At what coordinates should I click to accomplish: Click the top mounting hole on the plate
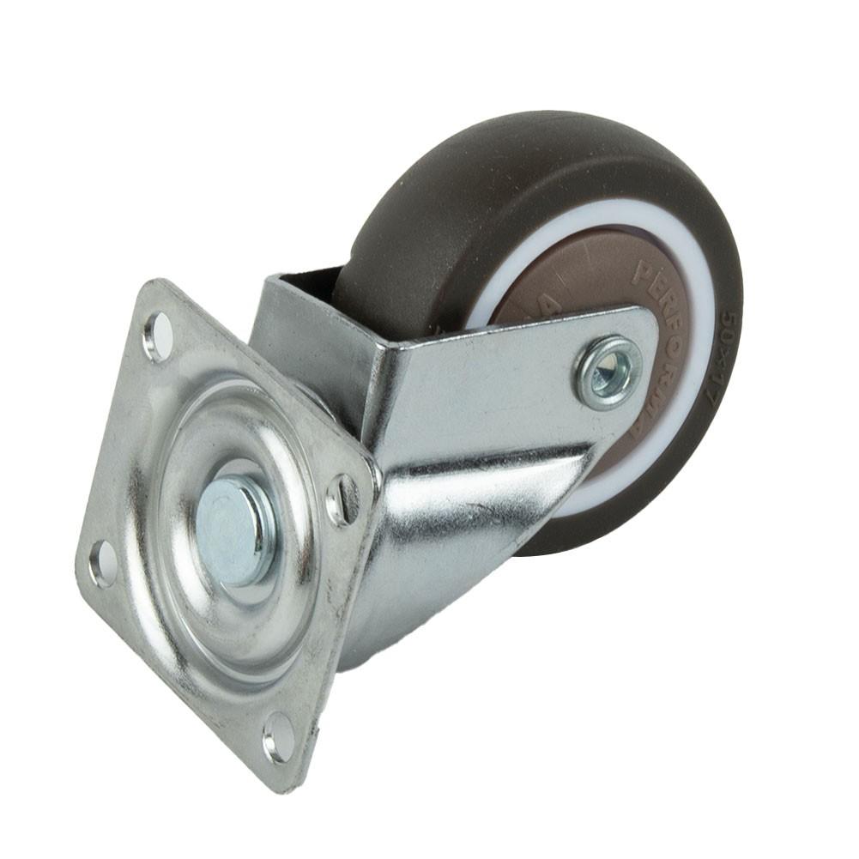coord(159,336)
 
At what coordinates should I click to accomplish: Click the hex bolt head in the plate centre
coord(233,530)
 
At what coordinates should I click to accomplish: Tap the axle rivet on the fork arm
coord(608,372)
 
